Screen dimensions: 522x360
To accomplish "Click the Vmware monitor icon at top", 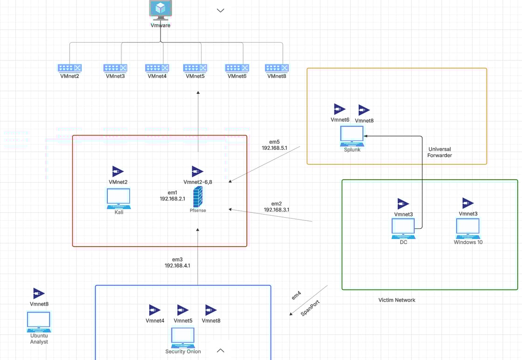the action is [x=160, y=10].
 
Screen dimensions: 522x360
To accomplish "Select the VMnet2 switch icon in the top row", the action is [x=70, y=68].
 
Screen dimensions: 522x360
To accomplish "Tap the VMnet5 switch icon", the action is [x=195, y=68].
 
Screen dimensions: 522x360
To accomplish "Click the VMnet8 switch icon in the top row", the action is [x=277, y=68].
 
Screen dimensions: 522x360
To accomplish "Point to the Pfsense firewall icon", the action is [x=198, y=197].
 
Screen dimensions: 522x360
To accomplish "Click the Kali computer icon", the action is [x=118, y=198].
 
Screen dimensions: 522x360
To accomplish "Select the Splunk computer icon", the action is [x=352, y=136].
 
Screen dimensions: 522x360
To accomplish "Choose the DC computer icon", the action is [x=404, y=229].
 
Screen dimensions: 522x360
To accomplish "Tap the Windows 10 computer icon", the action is [x=468, y=229].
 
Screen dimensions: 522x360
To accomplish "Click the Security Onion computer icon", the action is [x=183, y=338].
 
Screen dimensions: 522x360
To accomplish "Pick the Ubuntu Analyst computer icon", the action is [x=39, y=322].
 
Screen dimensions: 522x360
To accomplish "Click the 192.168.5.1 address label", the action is [x=274, y=148].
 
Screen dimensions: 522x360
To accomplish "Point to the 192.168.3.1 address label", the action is [x=276, y=210].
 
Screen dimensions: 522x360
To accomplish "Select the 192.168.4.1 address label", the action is [x=177, y=266].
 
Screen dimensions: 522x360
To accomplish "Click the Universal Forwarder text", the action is [x=440, y=152].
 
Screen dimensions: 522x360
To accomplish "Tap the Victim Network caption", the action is [x=397, y=300].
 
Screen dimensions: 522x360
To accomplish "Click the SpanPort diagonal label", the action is [x=310, y=308].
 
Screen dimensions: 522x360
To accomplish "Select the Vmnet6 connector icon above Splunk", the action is [x=340, y=109].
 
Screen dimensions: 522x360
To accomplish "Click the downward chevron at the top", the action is [x=220, y=10].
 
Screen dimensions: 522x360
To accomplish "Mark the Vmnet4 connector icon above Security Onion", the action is [x=154, y=310].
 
